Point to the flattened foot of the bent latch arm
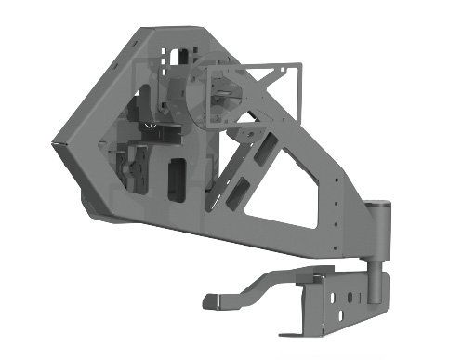coord(213,300)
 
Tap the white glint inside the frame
coord(147,123)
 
